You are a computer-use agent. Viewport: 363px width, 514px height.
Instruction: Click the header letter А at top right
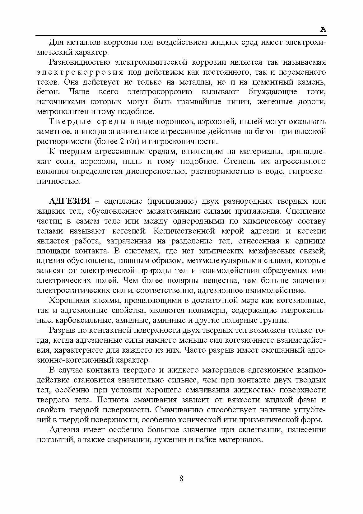323,30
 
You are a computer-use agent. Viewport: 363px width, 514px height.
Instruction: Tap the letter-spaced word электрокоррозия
80,72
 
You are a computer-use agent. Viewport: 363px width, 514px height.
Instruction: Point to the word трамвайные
199,102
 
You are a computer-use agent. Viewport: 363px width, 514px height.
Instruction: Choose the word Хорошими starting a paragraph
69,300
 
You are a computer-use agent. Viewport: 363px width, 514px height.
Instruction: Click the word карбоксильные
79,320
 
